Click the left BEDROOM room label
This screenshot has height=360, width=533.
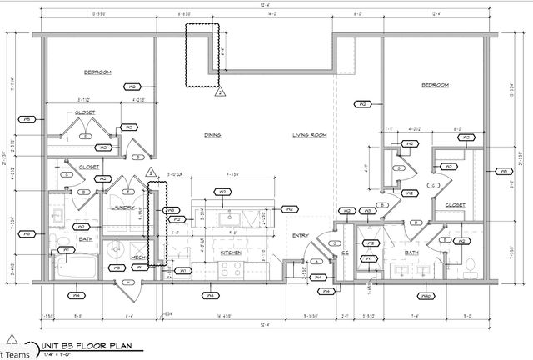[x=97, y=72]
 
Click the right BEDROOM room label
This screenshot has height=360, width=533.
[x=435, y=85]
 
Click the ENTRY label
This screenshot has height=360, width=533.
[x=300, y=236]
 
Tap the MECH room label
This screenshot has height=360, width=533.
[x=138, y=257]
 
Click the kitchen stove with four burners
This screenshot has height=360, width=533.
[x=230, y=268]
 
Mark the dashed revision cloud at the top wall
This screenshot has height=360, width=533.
[x=201, y=55]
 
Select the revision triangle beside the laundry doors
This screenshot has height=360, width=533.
[x=152, y=172]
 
